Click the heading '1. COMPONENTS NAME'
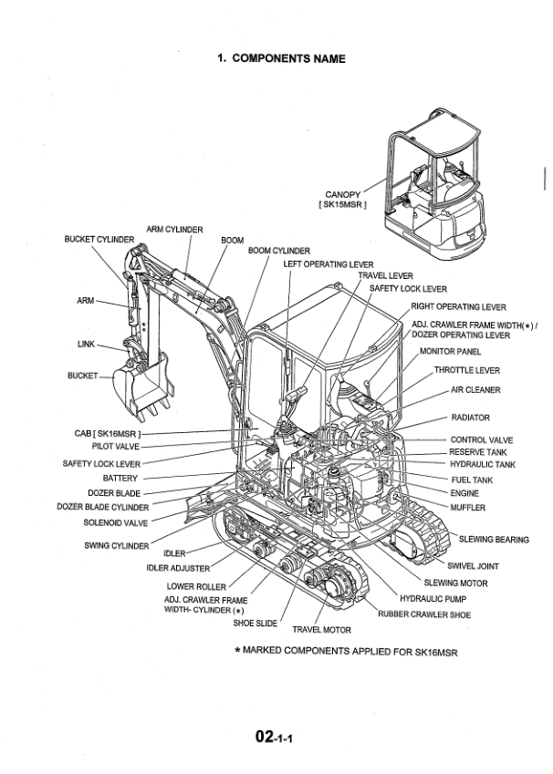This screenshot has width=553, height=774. click(x=280, y=58)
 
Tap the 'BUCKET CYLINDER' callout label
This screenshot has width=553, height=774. click(x=99, y=239)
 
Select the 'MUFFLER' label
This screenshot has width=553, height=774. click(x=468, y=507)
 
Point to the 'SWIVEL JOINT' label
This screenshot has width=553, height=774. click(x=473, y=566)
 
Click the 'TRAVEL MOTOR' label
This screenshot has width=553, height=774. click(x=321, y=629)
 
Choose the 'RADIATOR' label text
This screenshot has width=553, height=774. click(x=471, y=418)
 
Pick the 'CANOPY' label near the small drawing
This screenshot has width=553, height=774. click(x=343, y=194)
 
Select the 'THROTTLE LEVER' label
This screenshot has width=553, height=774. click(x=466, y=371)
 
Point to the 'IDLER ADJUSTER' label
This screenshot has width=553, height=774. click(x=178, y=568)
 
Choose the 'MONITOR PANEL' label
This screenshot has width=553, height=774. click(x=450, y=351)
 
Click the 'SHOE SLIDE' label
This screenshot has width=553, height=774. click(x=255, y=624)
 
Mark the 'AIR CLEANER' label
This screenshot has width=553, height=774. click(x=475, y=390)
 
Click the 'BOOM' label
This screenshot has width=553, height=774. click(x=233, y=241)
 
